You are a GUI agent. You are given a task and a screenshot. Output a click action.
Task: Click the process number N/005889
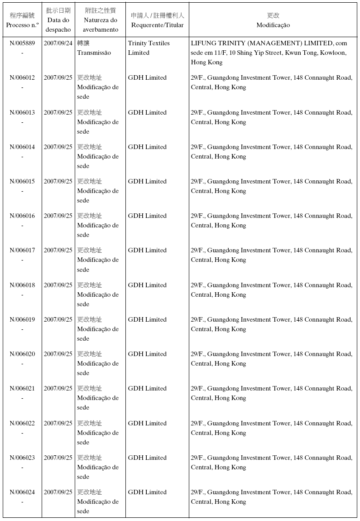pos(22,43)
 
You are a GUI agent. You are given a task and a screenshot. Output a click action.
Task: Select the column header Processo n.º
pos(22,25)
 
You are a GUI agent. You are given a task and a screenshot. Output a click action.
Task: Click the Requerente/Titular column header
pos(157,25)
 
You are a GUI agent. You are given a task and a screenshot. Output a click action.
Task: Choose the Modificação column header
pos(273,25)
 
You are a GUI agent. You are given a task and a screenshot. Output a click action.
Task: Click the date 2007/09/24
pos(58,43)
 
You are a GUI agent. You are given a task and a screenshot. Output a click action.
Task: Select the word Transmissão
pos(94,53)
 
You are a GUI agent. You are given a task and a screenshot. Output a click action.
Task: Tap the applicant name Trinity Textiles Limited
pos(149,48)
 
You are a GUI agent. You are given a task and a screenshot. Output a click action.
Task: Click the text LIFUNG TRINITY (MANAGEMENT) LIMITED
pos(262,43)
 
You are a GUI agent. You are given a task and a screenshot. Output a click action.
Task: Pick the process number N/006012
pos(22,77)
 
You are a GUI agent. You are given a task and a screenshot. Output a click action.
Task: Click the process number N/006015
pos(22,181)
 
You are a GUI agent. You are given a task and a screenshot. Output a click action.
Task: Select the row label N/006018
pos(22,285)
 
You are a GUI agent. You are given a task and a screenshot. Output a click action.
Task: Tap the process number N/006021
pos(22,388)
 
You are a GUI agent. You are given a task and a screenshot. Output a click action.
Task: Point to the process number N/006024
pos(22,492)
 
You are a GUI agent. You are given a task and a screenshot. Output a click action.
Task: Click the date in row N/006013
pos(58,112)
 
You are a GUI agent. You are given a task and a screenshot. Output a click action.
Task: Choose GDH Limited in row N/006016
pos(147,216)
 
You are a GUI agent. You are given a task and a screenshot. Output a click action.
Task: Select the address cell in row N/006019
pos(271,324)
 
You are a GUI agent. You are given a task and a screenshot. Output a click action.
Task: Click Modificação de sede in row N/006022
pos(98,433)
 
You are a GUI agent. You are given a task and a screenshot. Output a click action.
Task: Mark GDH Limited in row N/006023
pos(147,458)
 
